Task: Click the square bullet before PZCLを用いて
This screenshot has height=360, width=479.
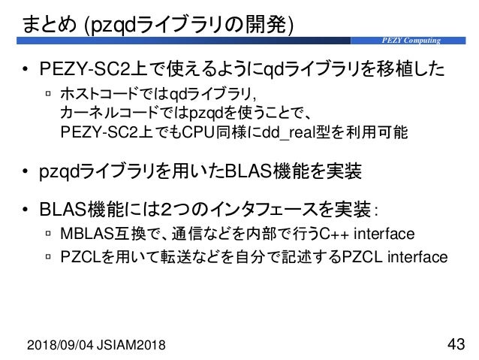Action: (49, 258)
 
